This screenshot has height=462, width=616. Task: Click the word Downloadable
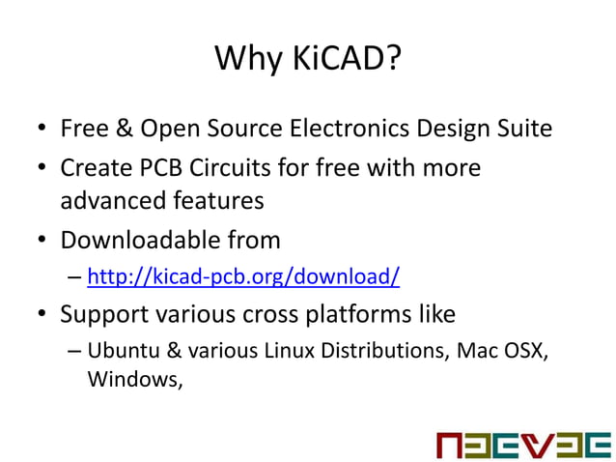(x=135, y=239)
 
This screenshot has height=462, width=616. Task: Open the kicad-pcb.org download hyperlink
(x=243, y=277)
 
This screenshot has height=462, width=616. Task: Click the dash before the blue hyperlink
(x=74, y=278)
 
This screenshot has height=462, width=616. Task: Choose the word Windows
(x=134, y=379)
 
